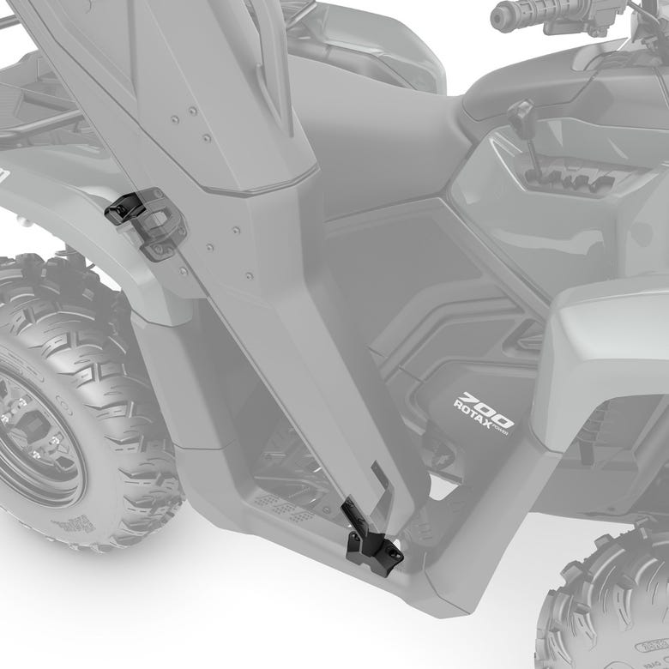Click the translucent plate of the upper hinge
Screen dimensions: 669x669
pos(159,225)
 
